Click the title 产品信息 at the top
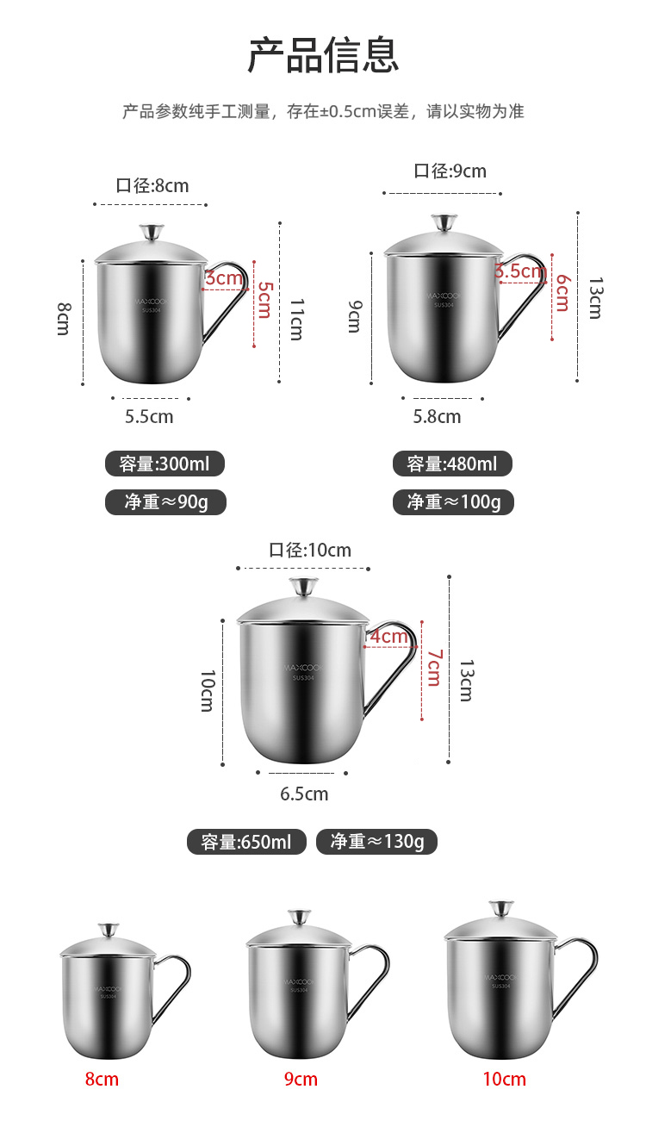[323, 55]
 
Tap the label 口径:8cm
[152, 185]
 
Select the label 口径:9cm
[450, 171]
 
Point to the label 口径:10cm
[310, 550]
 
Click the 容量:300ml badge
[165, 464]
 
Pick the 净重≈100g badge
[453, 501]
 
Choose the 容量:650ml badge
[246, 842]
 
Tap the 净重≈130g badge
[376, 842]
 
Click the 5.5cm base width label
[149, 417]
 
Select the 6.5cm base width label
[304, 794]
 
